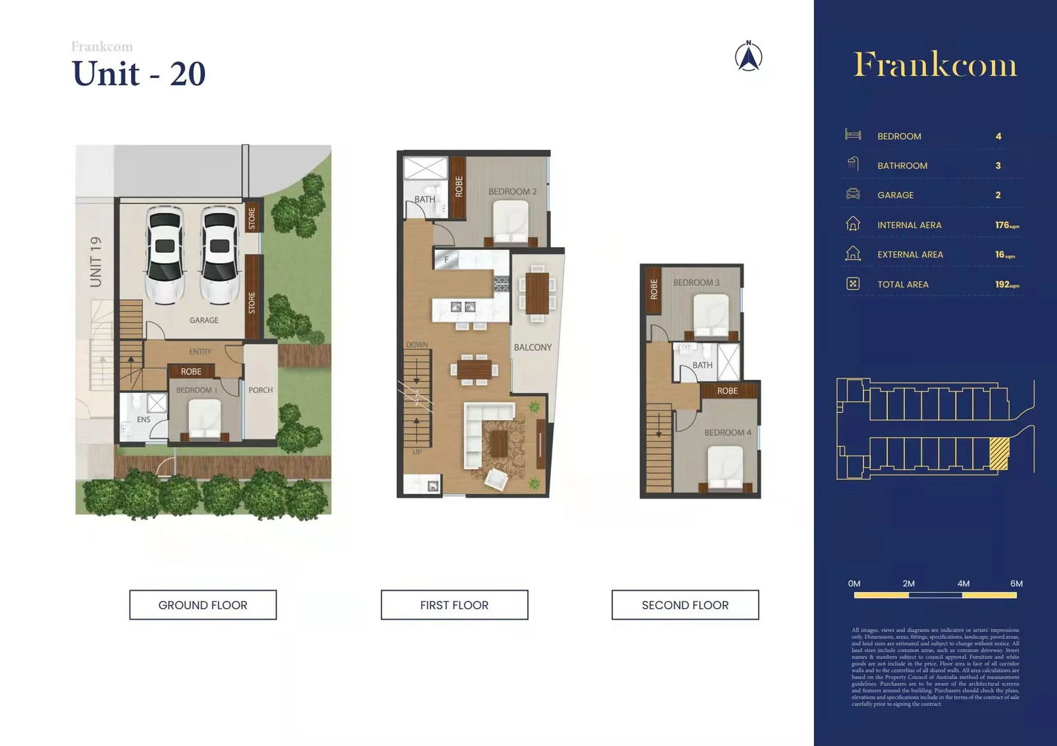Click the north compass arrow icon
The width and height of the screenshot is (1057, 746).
tap(748, 57)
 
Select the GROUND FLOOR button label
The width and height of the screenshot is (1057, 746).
tap(202, 605)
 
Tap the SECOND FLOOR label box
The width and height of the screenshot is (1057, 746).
tap(685, 605)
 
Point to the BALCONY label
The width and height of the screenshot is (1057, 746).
tap(532, 347)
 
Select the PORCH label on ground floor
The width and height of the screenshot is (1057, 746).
tap(260, 390)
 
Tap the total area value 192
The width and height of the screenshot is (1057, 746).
tap(1003, 285)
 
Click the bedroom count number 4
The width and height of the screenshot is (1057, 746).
tap(998, 136)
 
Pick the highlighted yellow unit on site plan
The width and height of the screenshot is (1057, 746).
tap(999, 454)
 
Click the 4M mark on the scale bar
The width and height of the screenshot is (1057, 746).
tap(963, 584)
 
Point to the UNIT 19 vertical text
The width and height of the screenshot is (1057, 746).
tap(96, 262)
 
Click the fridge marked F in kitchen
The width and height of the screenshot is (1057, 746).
tap(447, 260)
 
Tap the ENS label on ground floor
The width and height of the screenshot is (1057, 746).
tap(144, 419)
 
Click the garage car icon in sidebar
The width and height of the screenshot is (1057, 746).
tap(853, 194)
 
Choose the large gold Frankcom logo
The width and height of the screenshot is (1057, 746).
tap(935, 65)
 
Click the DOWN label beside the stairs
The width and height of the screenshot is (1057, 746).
tap(416, 345)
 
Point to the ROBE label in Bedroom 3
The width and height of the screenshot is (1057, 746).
tap(654, 289)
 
